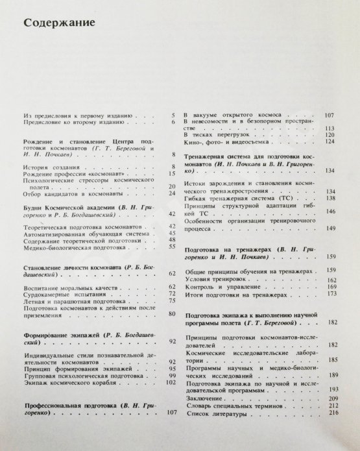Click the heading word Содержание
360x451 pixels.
[x=59, y=24]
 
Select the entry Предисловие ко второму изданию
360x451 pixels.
[x=73, y=121]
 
